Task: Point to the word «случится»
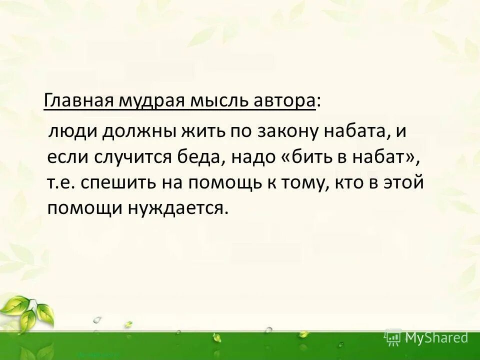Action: point(132,157)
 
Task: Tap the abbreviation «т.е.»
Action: point(60,182)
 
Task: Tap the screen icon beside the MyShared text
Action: point(393,338)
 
